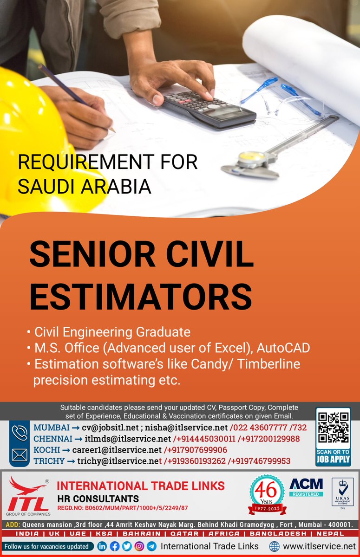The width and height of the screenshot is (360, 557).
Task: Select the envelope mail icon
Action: [20, 455]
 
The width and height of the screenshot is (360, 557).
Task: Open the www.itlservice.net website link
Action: [319, 546]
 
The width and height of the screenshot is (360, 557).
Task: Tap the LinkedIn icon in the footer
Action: [102, 546]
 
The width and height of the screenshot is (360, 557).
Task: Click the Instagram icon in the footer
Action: [139, 546]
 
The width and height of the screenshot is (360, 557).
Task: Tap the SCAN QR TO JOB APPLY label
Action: [333, 457]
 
